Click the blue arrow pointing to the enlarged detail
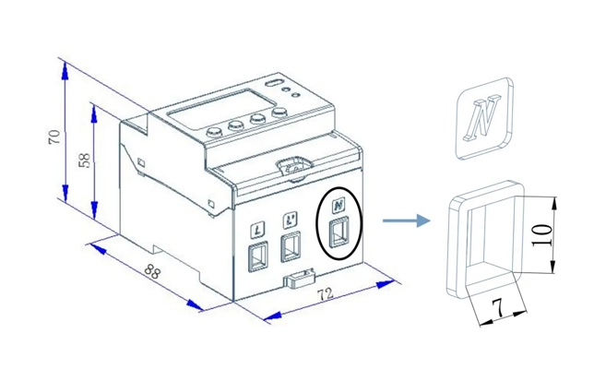[x=407, y=220]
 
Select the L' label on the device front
[x=291, y=220]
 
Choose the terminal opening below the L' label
[x=291, y=246]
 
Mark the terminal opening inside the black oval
[x=339, y=232]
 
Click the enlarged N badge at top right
[x=483, y=119]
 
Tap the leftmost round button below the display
[x=214, y=131]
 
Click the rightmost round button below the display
[x=278, y=114]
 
